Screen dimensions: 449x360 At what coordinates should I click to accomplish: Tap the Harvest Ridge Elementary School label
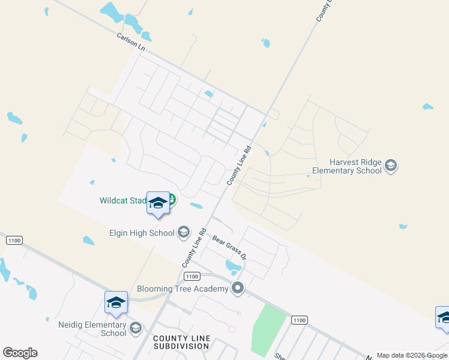tap(355, 166)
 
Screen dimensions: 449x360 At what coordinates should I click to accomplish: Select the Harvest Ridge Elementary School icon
tap(391, 165)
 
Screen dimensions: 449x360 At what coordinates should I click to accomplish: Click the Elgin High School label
tap(141, 232)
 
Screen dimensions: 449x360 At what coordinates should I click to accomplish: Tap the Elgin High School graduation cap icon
tap(184, 232)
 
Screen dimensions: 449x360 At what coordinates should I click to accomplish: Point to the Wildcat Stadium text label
tap(123, 201)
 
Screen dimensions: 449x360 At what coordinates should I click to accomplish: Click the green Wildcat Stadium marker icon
tap(172, 199)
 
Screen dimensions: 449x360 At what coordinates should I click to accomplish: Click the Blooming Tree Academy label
tap(182, 289)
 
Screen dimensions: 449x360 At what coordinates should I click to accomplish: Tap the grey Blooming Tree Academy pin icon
tap(238, 289)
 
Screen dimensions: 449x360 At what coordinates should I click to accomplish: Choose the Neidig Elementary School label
tap(92, 329)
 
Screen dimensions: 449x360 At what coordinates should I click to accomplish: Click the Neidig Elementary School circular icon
tap(136, 327)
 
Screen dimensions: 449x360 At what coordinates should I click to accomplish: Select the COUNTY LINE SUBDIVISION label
tap(181, 343)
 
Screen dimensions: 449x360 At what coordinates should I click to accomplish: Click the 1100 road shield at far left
tap(14, 240)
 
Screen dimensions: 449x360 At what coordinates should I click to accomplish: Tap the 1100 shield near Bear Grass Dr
tap(191, 276)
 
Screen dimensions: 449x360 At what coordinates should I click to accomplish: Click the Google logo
tap(20, 353)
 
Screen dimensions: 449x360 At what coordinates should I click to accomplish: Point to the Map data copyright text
tap(412, 355)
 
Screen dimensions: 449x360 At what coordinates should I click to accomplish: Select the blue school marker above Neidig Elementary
tap(116, 302)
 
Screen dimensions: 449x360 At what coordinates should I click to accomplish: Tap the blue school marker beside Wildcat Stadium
tap(158, 203)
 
